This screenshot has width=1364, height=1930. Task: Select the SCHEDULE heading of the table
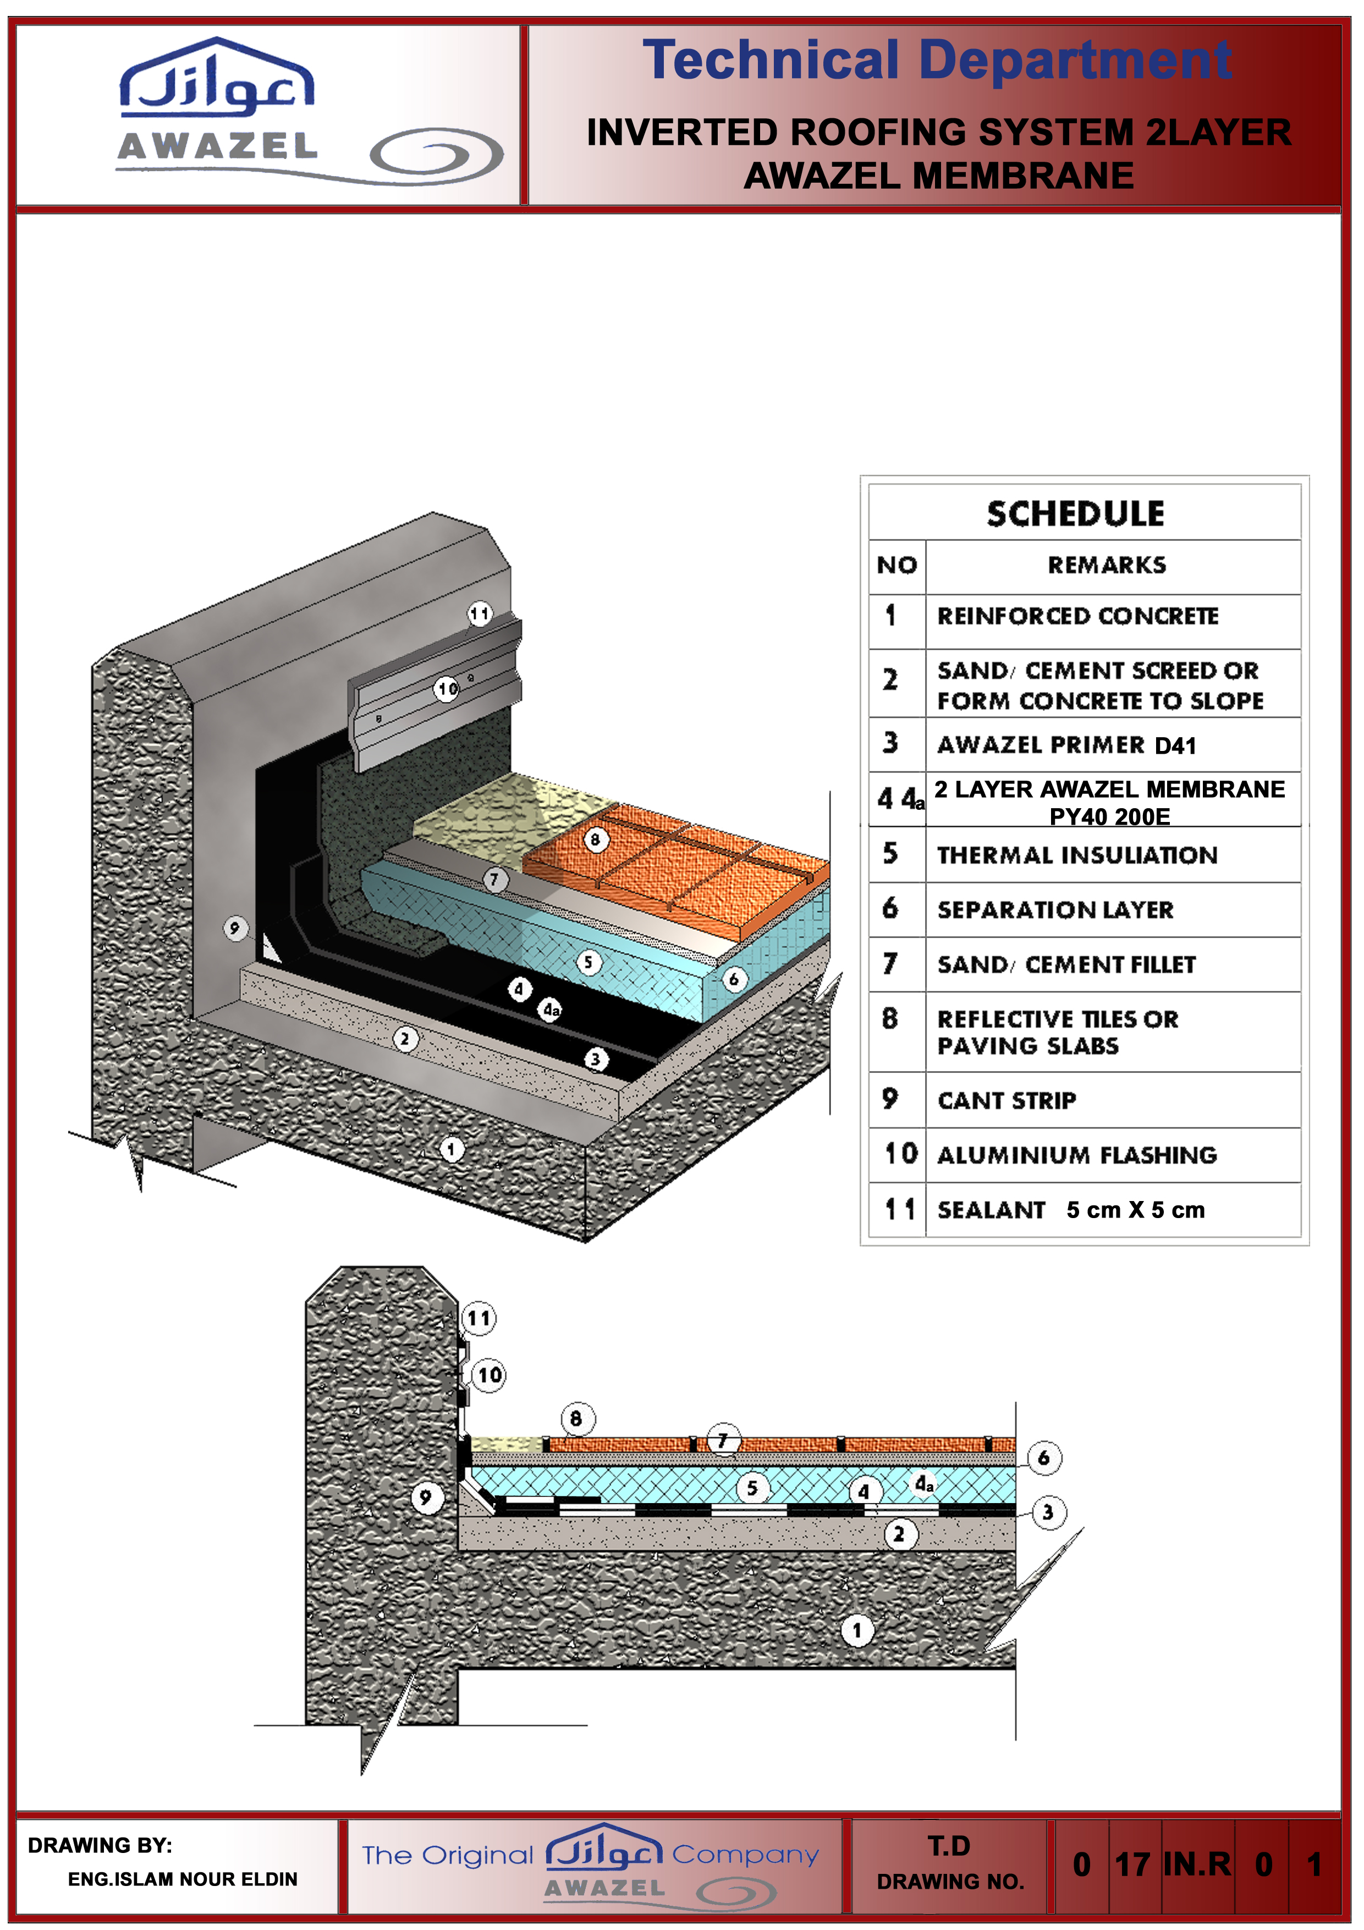(1076, 514)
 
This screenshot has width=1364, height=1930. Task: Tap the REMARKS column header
(1107, 565)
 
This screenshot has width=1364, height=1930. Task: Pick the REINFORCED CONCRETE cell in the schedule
(1077, 616)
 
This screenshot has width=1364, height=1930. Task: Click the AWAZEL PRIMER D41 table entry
(1066, 745)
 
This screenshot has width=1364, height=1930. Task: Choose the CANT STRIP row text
(1007, 1100)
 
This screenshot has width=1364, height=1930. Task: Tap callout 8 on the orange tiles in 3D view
(596, 839)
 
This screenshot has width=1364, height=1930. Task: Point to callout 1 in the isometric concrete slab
(452, 1149)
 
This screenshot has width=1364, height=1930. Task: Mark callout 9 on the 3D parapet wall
(235, 928)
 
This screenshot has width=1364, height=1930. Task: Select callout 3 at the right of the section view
(1048, 1513)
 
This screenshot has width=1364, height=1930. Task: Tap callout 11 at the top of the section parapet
(479, 1318)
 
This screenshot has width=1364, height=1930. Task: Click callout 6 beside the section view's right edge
(1044, 1457)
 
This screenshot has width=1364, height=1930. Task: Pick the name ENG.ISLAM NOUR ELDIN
(183, 1879)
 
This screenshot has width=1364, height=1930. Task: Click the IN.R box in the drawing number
(1197, 1863)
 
